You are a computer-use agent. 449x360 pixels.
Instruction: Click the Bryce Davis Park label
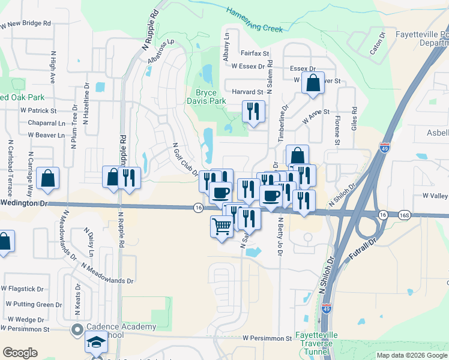click(x=211, y=97)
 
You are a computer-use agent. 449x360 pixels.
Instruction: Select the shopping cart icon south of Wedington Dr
click(x=221, y=227)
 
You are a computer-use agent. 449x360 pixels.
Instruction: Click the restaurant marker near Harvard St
click(x=253, y=111)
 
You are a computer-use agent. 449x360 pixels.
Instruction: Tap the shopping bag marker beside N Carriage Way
click(x=47, y=178)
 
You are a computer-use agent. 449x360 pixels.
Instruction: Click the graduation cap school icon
click(x=96, y=344)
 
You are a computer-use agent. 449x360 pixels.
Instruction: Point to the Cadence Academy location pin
click(x=77, y=329)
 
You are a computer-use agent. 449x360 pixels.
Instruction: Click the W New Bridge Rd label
click(x=25, y=25)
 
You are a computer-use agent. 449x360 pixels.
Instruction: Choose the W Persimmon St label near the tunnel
click(x=267, y=338)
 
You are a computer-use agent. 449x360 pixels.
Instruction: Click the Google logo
click(x=20, y=353)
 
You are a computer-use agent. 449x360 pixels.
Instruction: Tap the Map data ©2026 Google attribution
click(x=411, y=355)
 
